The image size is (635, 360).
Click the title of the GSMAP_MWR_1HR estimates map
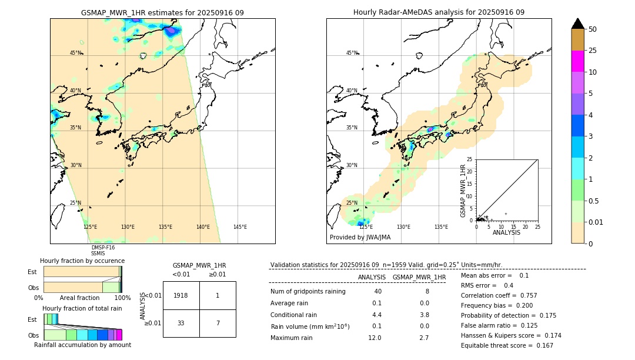[x=162, y=12]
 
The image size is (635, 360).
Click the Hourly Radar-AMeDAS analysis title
[x=439, y=12]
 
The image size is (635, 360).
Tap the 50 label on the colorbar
[x=593, y=29]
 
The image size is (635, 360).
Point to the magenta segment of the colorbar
[x=578, y=61]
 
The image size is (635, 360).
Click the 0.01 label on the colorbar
[x=597, y=222]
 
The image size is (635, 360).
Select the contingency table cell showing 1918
[x=181, y=295]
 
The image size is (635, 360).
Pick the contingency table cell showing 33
[x=181, y=323]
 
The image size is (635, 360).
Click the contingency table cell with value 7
[x=217, y=323]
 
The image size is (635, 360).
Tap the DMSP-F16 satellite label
[x=102, y=248]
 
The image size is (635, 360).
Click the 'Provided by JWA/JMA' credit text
[x=360, y=238]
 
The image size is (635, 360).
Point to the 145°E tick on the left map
[x=240, y=227]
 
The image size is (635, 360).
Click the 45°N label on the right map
[x=352, y=53]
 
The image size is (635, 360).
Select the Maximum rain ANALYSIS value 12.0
[x=375, y=338]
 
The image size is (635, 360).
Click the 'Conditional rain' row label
[x=293, y=315]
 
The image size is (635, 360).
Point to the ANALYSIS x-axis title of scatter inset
[x=506, y=232]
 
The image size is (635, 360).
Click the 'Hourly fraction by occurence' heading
[x=82, y=261]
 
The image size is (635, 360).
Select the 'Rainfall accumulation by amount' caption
[x=82, y=345]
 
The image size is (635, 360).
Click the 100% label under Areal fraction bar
[x=122, y=298]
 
